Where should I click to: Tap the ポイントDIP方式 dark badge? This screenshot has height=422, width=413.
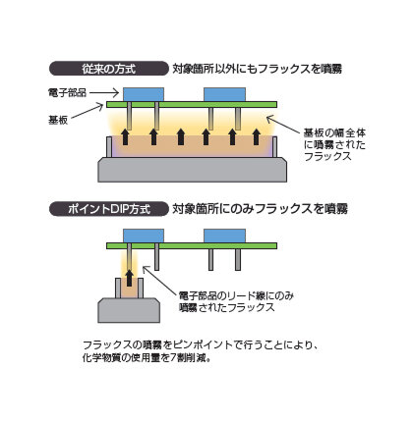click(107, 209)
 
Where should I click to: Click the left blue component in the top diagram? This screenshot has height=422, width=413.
click(145, 93)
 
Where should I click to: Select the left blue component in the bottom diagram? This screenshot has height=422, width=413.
click(145, 235)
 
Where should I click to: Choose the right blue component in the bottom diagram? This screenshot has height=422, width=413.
click(224, 235)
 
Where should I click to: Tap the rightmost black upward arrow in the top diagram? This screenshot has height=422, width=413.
click(259, 136)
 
